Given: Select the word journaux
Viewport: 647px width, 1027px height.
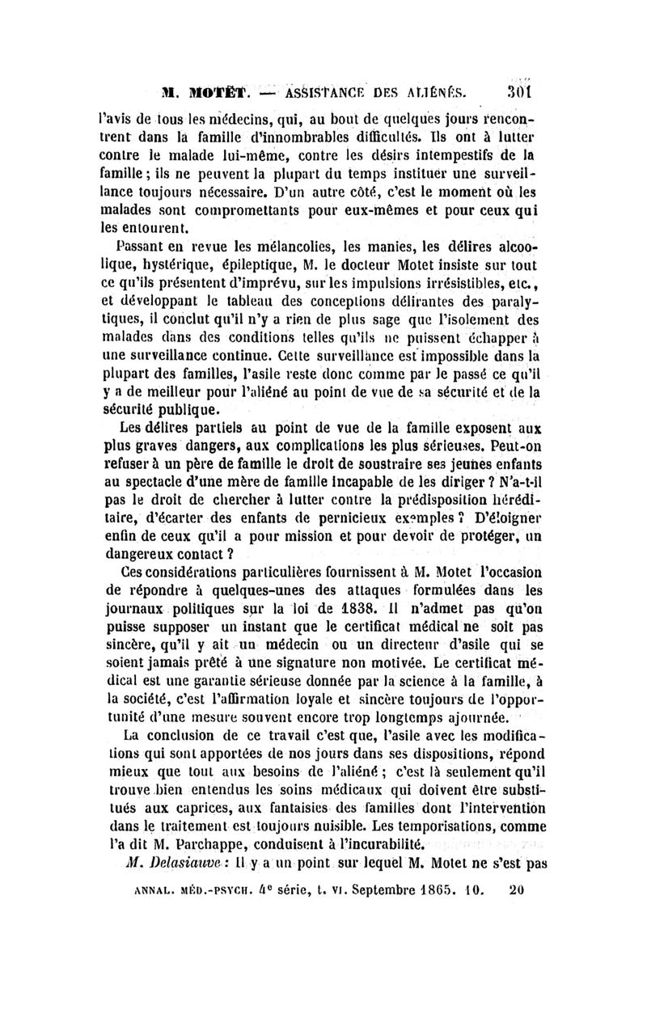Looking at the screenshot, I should coord(138,604).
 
